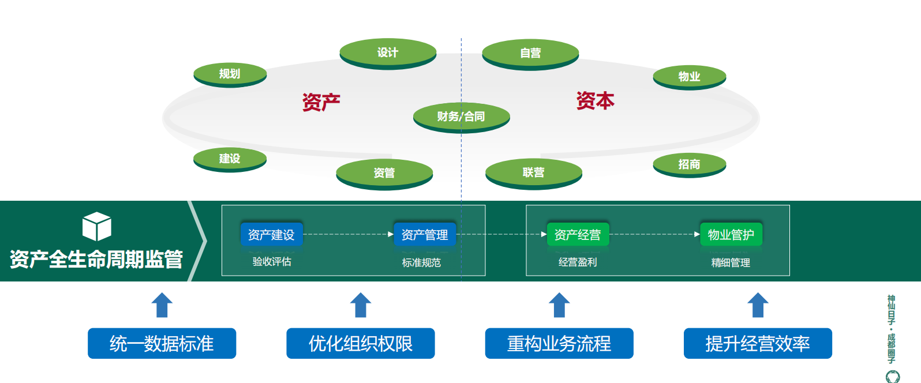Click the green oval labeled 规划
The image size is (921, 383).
(x=230, y=74)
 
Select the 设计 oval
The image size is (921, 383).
(x=388, y=52)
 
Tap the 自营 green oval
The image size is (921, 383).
(x=530, y=53)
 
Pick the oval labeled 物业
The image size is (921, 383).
(x=689, y=76)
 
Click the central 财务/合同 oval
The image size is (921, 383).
(x=461, y=117)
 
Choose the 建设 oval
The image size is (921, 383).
(x=230, y=158)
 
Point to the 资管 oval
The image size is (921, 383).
(x=384, y=172)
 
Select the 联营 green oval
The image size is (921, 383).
(x=534, y=172)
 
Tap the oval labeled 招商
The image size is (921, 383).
(x=689, y=164)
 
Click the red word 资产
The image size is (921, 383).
(x=321, y=102)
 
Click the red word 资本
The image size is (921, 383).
(x=595, y=100)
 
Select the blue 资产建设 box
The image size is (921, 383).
(x=271, y=235)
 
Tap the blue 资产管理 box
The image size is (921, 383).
(x=425, y=235)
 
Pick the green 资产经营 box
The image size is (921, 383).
(x=578, y=235)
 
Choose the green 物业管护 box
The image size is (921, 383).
(x=731, y=235)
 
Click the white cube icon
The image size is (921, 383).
(x=97, y=226)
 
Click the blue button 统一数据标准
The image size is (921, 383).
(x=162, y=344)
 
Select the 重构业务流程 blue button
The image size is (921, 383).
(x=559, y=344)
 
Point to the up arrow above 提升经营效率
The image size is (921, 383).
(x=758, y=305)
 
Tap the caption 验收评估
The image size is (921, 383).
(x=272, y=262)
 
